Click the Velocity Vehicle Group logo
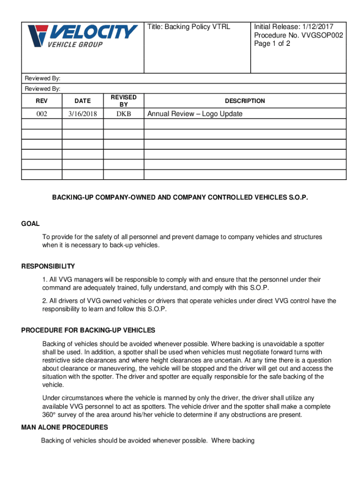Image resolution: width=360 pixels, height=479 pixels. (x=82, y=36)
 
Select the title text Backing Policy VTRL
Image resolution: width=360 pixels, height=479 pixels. (x=189, y=27)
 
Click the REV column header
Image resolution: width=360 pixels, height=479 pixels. (x=41, y=101)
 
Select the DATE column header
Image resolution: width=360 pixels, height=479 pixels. (x=82, y=101)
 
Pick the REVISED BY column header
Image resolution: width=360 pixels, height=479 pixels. (x=123, y=101)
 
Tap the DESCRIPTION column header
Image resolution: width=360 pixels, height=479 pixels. (x=245, y=101)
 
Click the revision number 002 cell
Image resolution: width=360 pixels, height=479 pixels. (x=41, y=114)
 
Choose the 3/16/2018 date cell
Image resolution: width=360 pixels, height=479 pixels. (x=82, y=114)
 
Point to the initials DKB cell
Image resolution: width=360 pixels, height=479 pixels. (x=123, y=114)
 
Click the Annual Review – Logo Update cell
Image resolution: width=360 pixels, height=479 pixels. (x=195, y=114)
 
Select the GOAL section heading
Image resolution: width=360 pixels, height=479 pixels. (x=30, y=224)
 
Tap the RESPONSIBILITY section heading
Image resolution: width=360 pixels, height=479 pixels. (x=48, y=266)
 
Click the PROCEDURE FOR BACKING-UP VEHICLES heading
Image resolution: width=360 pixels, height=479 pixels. (x=88, y=330)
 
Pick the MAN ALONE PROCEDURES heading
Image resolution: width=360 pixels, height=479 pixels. (x=65, y=427)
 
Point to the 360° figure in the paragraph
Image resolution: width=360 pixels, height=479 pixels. (x=49, y=415)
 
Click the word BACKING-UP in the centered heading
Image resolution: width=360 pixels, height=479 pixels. (x=70, y=197)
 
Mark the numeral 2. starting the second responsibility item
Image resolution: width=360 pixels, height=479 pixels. (x=44, y=301)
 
